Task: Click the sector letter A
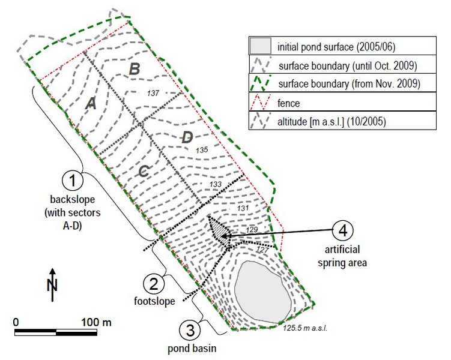pyautogui.click(x=91, y=103)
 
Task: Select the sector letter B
pyautogui.click(x=135, y=69)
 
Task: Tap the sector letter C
pyautogui.click(x=144, y=171)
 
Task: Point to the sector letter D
pyautogui.click(x=187, y=137)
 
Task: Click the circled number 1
pyautogui.click(x=73, y=181)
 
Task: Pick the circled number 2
pyautogui.click(x=154, y=284)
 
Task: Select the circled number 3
pyautogui.click(x=190, y=330)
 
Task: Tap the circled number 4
pyautogui.click(x=342, y=231)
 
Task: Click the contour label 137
pyautogui.click(x=153, y=93)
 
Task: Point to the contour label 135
pyautogui.click(x=202, y=150)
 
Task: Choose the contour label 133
pyautogui.click(x=216, y=184)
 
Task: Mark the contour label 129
pyautogui.click(x=252, y=229)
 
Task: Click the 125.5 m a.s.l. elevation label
pyautogui.click(x=306, y=328)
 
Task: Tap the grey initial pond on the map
pyautogui.click(x=263, y=292)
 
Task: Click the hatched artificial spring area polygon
pyautogui.click(x=219, y=229)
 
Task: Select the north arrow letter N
pyautogui.click(x=52, y=285)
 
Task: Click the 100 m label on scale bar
pyautogui.click(x=96, y=322)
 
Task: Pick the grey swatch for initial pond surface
pyautogui.click(x=260, y=46)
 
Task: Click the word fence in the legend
pyautogui.click(x=288, y=103)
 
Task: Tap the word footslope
pyautogui.click(x=154, y=301)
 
